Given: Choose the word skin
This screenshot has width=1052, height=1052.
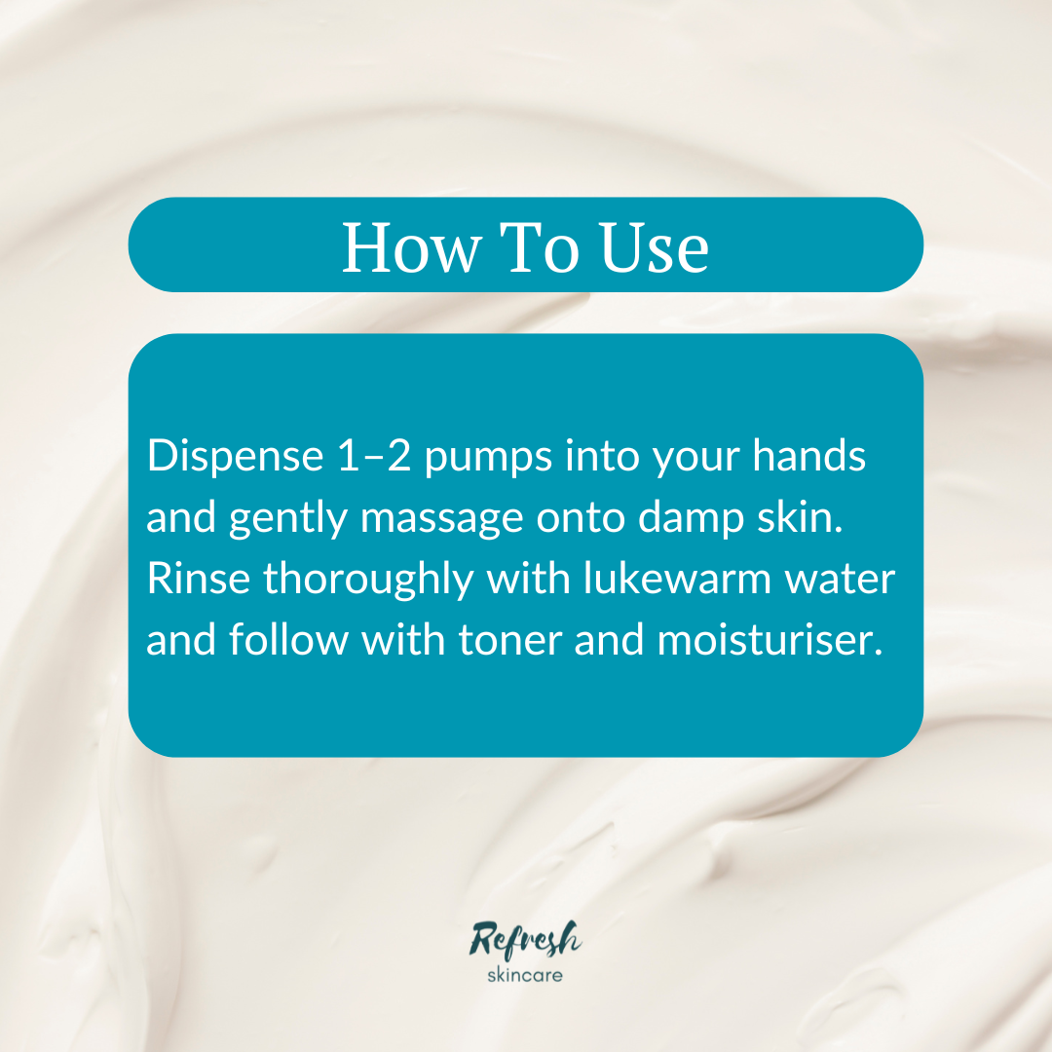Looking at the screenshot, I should point(803,518).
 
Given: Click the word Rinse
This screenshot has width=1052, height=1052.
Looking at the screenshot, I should point(198,581).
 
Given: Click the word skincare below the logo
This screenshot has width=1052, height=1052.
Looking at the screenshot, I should point(525,973).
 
